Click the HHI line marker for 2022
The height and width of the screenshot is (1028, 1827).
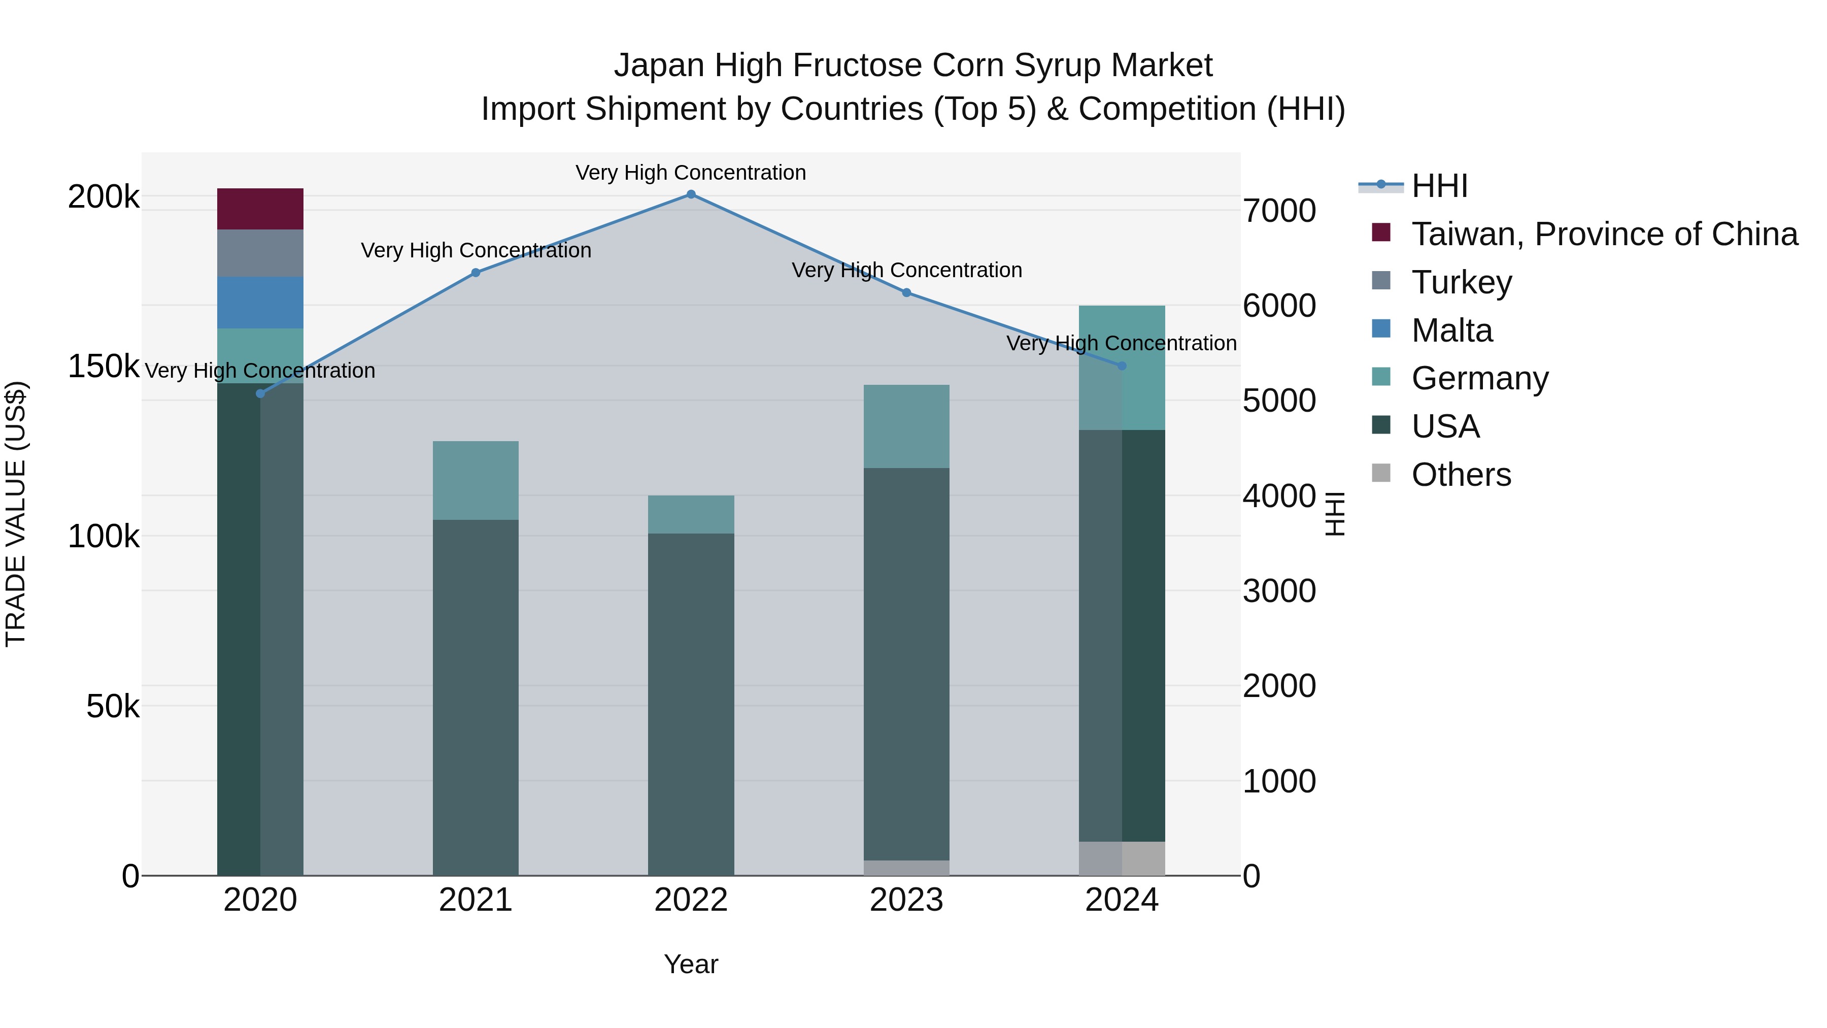(691, 194)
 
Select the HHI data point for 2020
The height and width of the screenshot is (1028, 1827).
(260, 394)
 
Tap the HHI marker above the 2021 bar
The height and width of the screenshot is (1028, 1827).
(476, 273)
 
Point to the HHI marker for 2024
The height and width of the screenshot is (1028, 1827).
(1121, 366)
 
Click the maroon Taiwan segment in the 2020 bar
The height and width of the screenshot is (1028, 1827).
(260, 209)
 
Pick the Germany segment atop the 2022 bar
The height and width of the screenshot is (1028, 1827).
(691, 514)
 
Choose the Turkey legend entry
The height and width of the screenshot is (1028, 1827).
(1461, 282)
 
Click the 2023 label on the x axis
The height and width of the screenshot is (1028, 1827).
(906, 901)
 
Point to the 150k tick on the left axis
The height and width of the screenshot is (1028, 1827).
(104, 367)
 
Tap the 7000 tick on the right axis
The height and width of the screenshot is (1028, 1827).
(1279, 211)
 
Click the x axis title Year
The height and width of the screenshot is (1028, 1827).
(691, 964)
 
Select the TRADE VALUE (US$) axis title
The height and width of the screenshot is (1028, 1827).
(16, 514)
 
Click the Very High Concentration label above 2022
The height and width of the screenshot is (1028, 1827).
(690, 173)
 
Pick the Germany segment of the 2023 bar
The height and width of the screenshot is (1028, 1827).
(906, 426)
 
